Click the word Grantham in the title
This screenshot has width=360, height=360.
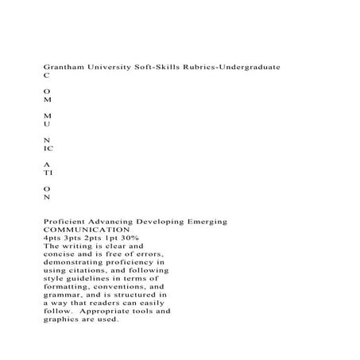(66, 69)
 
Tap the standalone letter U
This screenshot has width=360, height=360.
(47, 125)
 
